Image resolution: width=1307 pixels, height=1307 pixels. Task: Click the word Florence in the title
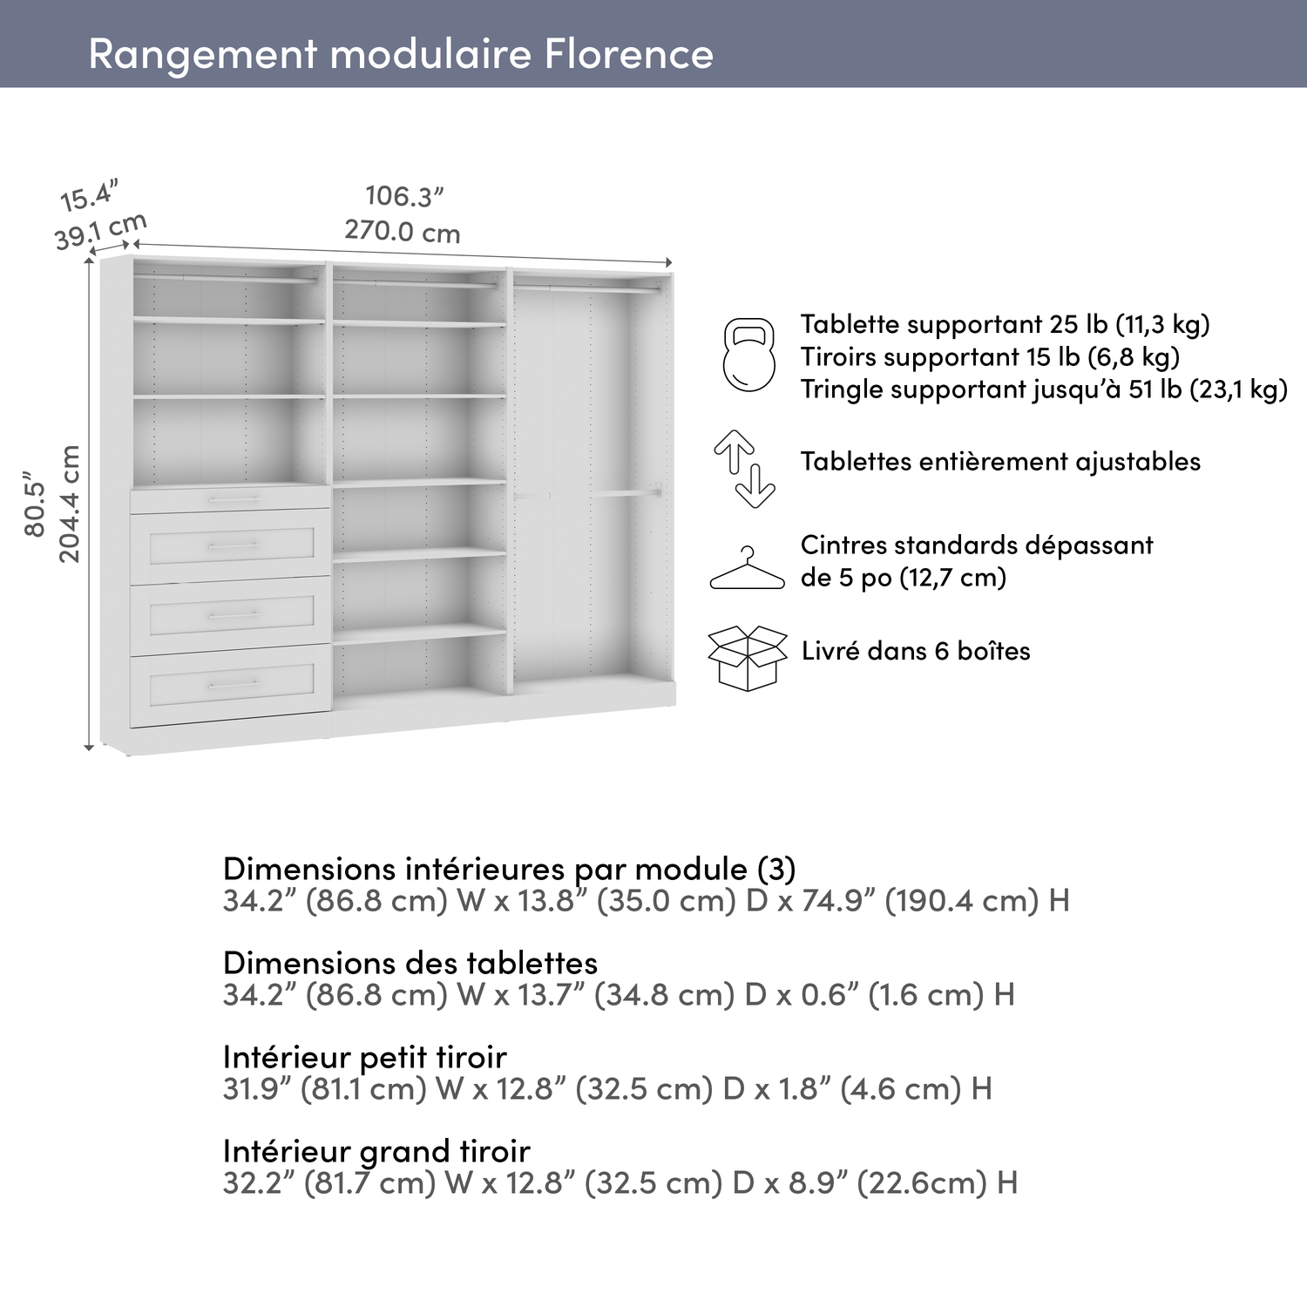point(629,54)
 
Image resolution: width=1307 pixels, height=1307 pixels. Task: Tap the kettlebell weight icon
point(748,355)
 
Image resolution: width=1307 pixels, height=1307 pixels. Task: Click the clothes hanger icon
point(747,570)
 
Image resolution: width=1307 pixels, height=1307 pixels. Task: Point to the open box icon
point(747,657)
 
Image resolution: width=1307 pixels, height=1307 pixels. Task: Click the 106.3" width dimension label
point(404,197)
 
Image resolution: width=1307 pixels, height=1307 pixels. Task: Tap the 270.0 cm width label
point(402,232)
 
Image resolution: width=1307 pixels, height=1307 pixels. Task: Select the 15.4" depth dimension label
point(88,196)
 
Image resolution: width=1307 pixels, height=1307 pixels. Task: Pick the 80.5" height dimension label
point(35,505)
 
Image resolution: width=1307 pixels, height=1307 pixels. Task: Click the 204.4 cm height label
point(70,505)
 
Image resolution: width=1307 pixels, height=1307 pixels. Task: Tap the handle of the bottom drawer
point(233,685)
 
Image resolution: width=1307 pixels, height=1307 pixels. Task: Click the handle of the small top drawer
point(233,499)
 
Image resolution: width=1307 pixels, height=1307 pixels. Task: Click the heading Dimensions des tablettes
point(410,963)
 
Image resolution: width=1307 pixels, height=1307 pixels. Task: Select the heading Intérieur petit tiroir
point(364,1057)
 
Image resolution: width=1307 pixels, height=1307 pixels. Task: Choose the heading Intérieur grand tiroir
point(376,1151)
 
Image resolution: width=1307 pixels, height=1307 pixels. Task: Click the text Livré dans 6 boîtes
point(916,651)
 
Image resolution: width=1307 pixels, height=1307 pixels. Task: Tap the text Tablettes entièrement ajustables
point(1000,462)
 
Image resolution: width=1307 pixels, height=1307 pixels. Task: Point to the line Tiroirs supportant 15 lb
point(990,356)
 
